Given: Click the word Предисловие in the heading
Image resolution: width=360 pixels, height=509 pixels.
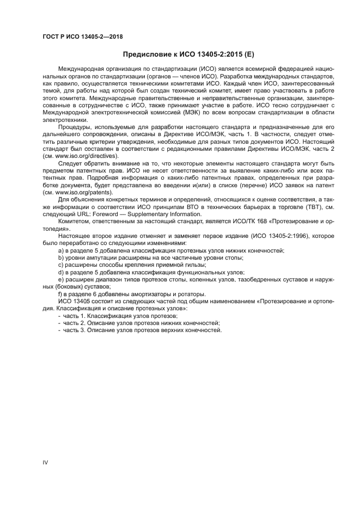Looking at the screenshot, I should pyautogui.click(x=143, y=54).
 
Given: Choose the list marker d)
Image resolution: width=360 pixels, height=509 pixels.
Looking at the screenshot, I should pyautogui.click(x=60, y=272).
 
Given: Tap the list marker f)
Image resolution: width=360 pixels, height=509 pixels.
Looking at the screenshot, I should pyautogui.click(x=60, y=294).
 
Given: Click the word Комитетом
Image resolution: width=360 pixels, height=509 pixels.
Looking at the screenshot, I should pyautogui.click(x=77, y=222).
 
